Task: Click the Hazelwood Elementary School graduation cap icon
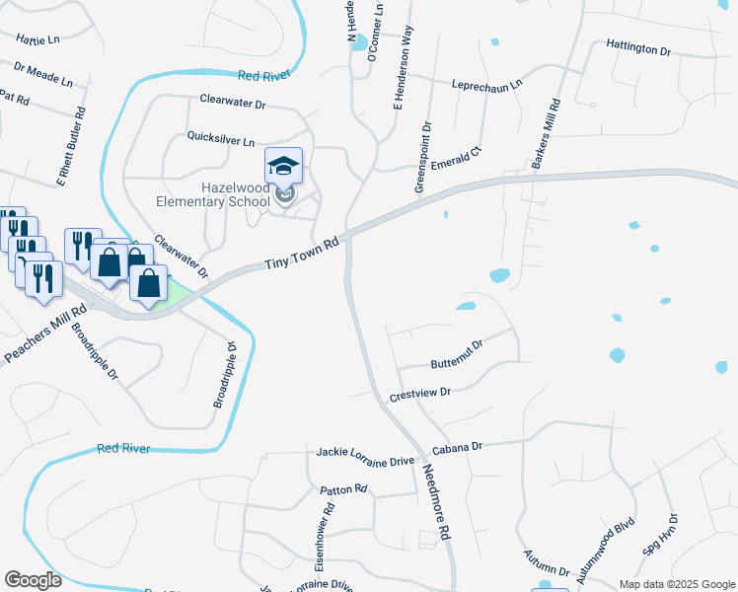(x=283, y=165)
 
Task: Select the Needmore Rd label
(x=436, y=501)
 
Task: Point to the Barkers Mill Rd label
(x=546, y=133)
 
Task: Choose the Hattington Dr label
(x=637, y=47)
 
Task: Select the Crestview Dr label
(x=419, y=393)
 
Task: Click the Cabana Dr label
(x=462, y=446)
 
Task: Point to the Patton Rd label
(x=343, y=488)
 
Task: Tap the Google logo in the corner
(x=33, y=580)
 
